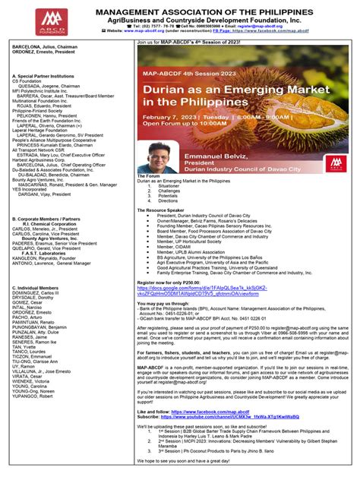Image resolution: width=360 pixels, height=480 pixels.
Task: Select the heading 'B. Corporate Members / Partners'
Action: coord(46,218)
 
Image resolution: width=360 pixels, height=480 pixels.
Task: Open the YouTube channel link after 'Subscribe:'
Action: coord(220,417)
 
